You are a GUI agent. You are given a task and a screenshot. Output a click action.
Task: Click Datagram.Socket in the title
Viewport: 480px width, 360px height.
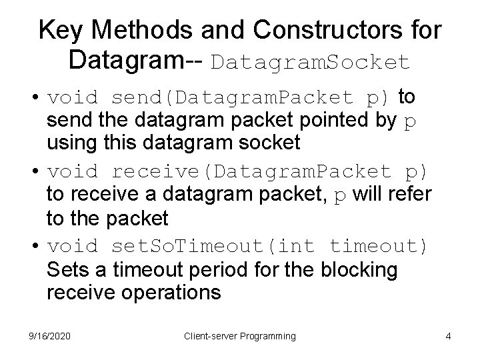point(311,63)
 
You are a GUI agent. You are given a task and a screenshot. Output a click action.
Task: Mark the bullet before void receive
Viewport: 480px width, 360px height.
point(33,171)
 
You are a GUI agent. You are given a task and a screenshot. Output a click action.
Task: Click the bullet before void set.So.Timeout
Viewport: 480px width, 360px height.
point(33,246)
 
